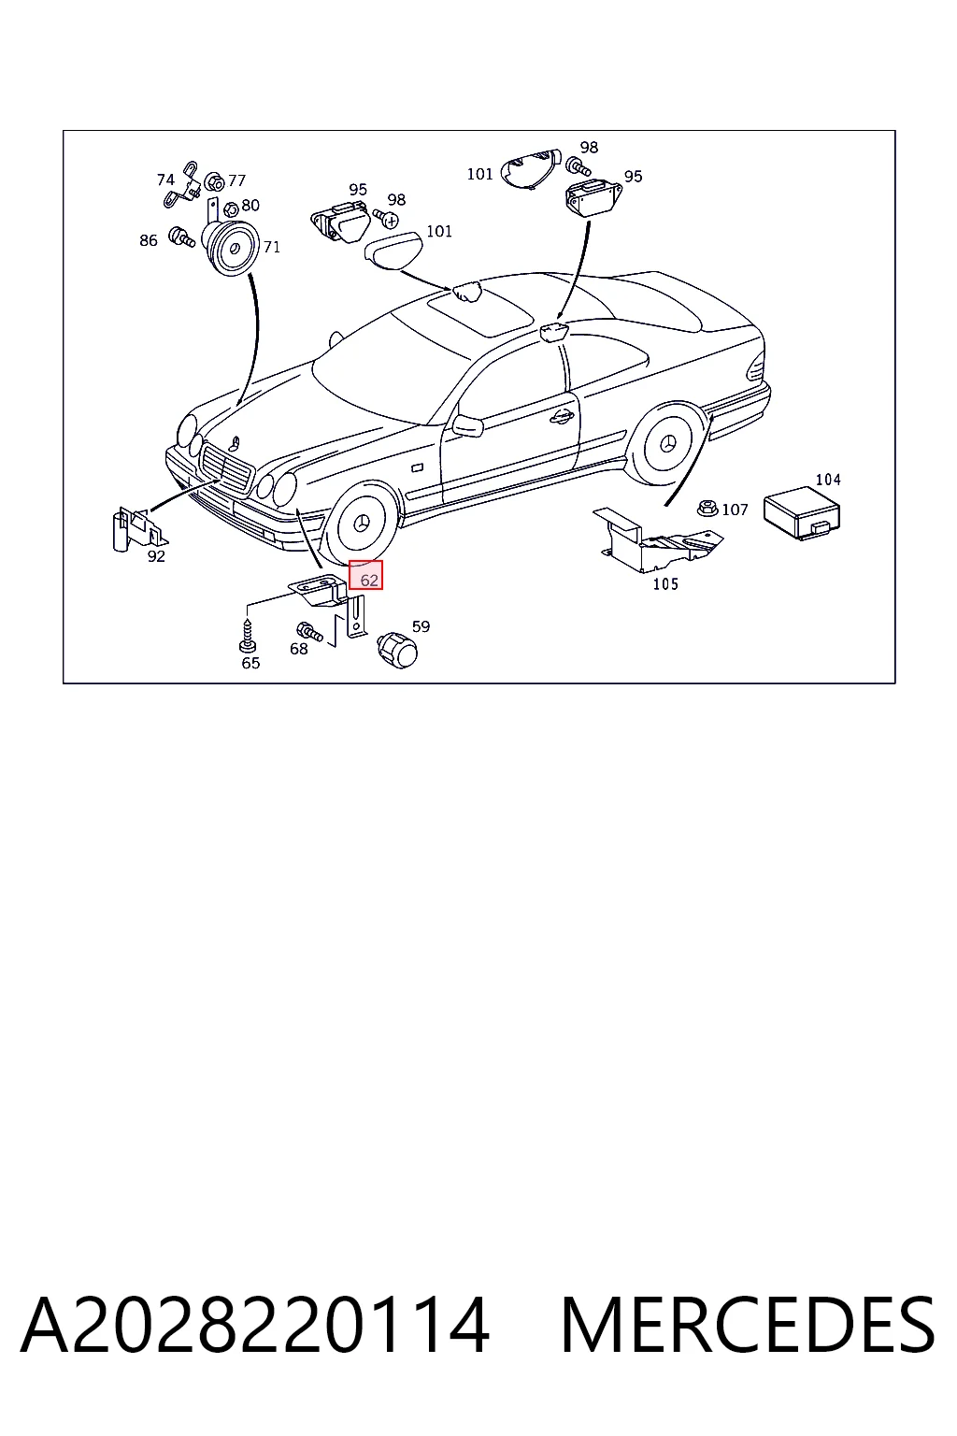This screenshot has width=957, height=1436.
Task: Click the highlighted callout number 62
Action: [x=369, y=581]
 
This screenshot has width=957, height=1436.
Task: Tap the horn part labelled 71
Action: [x=231, y=247]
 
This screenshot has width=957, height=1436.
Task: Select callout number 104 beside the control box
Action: [x=827, y=479]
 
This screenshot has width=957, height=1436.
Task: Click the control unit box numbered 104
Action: [x=802, y=513]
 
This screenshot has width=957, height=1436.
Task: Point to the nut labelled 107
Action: [x=707, y=508]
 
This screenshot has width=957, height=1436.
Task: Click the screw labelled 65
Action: [x=248, y=637]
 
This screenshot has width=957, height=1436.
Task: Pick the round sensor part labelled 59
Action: [x=397, y=650]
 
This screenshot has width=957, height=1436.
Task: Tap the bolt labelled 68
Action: [x=308, y=631]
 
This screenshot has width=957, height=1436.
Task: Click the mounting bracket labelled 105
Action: [x=657, y=540]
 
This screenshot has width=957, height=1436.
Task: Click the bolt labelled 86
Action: [x=181, y=237]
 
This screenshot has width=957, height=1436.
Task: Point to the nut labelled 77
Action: [x=215, y=182]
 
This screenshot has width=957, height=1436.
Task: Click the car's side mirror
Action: [x=467, y=425]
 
